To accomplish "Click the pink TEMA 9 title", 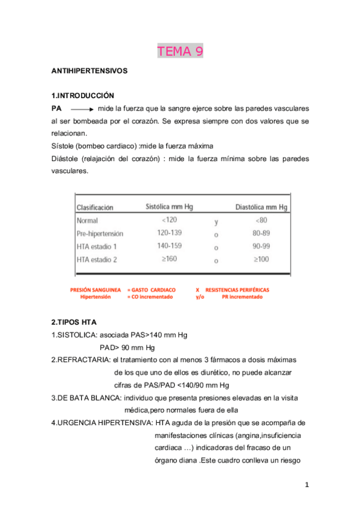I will (180, 52).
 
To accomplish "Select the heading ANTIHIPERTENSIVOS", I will (90, 71).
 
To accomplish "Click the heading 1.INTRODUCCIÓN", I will (83, 96).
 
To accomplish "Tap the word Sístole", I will (64, 146).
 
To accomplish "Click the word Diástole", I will (67, 159).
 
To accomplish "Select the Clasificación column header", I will (95, 207).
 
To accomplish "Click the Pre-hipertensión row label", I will (100, 233).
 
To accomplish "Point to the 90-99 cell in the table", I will (261, 247).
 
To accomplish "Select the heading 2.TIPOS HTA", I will (75, 322).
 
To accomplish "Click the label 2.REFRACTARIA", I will (81, 360).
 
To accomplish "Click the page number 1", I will (306, 485).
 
